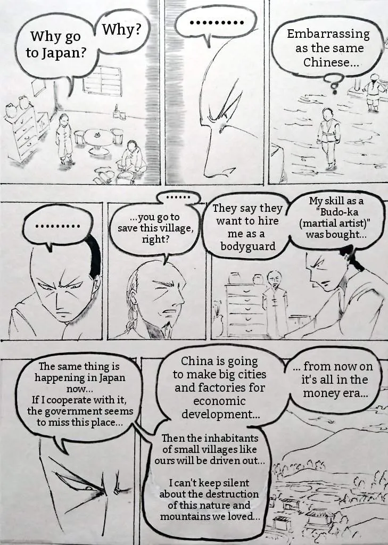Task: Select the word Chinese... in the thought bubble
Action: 331,63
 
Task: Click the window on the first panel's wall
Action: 103,81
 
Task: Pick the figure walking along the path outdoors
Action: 328,138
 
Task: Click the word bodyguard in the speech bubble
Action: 248,246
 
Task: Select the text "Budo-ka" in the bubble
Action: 334,212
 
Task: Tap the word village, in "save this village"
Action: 176,228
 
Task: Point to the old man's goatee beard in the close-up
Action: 166,327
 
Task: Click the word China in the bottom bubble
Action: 196,361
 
